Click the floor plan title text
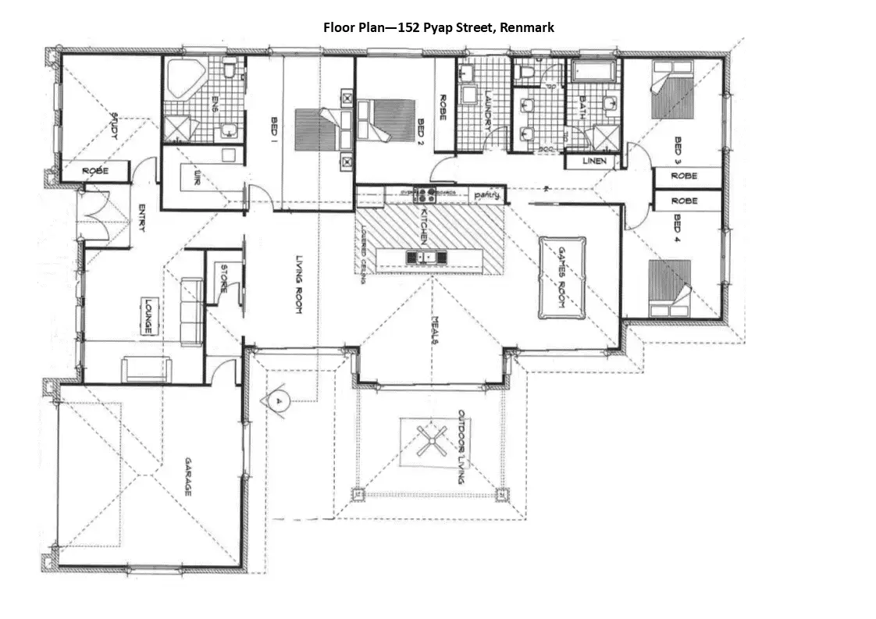pyautogui.click(x=439, y=27)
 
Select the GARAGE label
pyautogui.click(x=187, y=478)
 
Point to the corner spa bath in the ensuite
pyautogui.click(x=185, y=78)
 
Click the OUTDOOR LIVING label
pyautogui.click(x=461, y=446)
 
